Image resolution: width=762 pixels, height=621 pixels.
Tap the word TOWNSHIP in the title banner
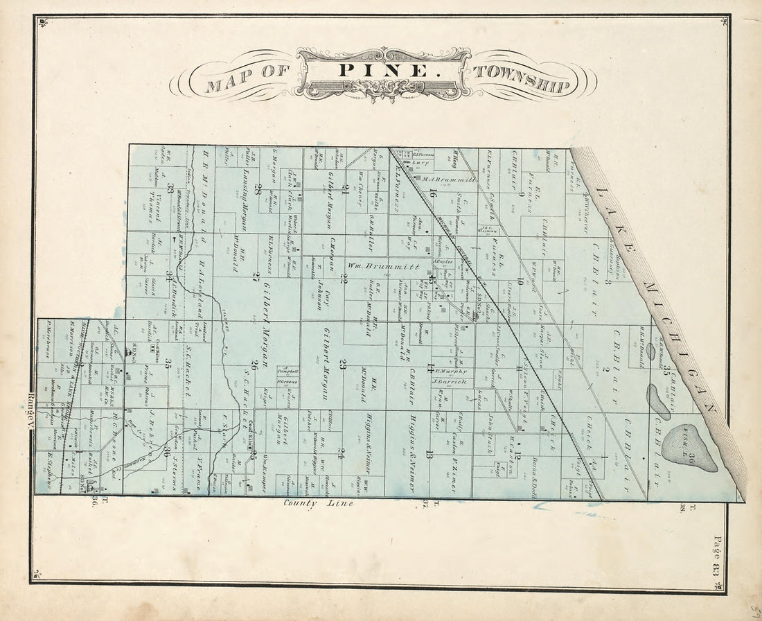(522, 79)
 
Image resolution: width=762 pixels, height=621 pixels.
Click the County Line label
(319, 504)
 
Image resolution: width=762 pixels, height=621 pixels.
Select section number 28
(257, 189)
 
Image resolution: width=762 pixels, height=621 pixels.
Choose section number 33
(170, 188)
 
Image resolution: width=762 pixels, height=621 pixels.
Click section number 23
(342, 363)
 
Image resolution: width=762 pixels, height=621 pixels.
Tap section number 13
(429, 455)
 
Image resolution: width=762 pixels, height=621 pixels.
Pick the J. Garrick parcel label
(450, 382)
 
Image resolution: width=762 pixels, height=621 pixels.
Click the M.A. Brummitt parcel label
(450, 178)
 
